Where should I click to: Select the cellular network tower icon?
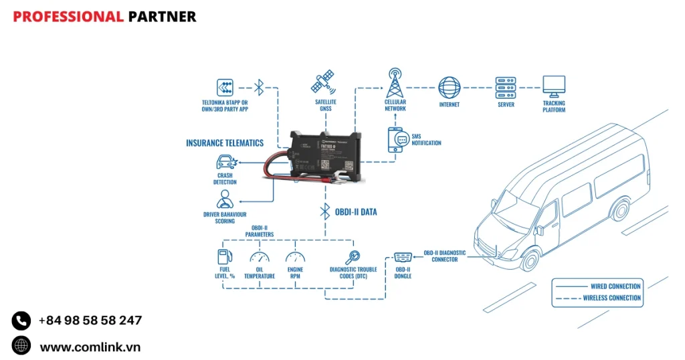(x=395, y=84)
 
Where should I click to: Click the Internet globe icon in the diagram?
(x=450, y=88)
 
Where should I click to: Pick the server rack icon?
(x=506, y=88)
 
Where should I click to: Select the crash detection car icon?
(x=225, y=163)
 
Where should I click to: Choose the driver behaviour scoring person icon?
(x=225, y=199)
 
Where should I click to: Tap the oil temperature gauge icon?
(x=259, y=257)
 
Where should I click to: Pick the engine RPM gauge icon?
(x=295, y=257)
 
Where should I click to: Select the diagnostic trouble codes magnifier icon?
(x=353, y=256)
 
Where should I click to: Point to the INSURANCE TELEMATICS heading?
(x=225, y=143)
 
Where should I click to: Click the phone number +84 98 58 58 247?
(x=90, y=321)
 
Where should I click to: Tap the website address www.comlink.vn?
(x=90, y=347)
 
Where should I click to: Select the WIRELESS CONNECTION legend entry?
(x=611, y=298)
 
